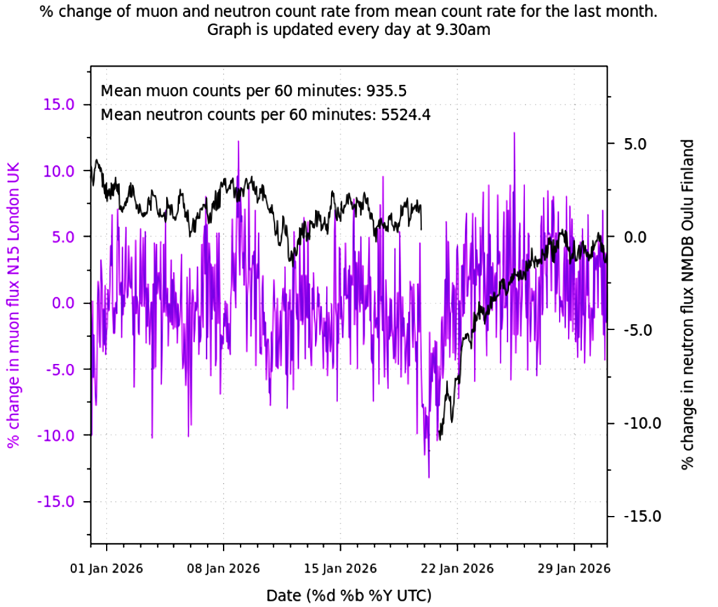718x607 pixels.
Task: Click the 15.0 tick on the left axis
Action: (60, 104)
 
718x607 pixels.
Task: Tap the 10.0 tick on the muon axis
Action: (60, 171)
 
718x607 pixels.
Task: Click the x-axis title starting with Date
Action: (348, 595)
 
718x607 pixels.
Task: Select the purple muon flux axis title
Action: (13, 304)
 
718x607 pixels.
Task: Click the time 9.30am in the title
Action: (463, 31)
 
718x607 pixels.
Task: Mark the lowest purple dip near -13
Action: (428, 477)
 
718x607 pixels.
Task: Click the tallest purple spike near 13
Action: (514, 133)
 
